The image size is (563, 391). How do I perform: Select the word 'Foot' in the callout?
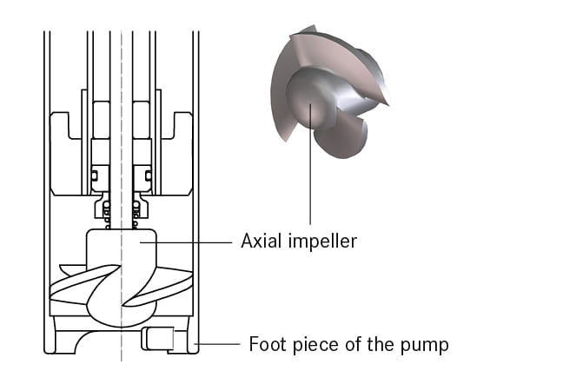[x=267, y=344]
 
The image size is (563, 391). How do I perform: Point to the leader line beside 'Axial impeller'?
[x=191, y=242]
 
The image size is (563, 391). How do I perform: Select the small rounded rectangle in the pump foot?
[x=158, y=338]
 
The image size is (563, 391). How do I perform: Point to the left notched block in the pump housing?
[x=68, y=152]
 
